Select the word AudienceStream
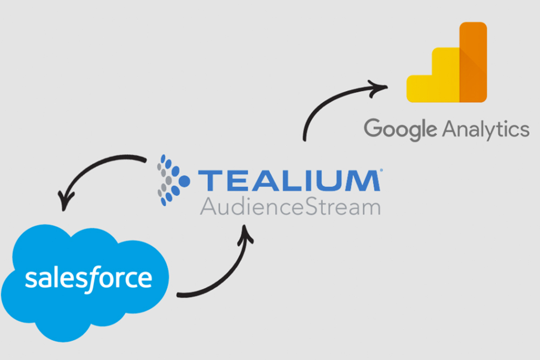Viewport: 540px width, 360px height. point(290,207)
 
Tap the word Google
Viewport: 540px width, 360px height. point(400,130)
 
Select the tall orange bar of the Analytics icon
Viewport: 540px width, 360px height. point(473,62)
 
